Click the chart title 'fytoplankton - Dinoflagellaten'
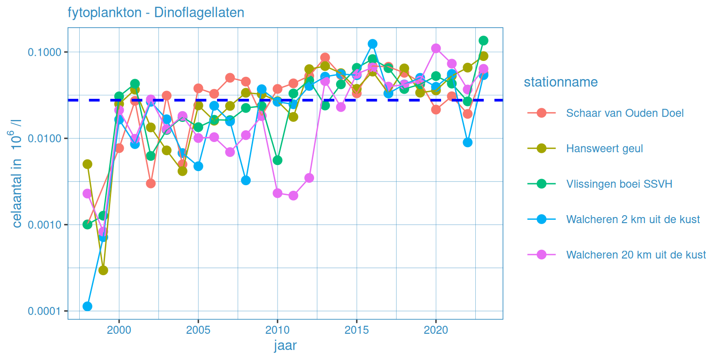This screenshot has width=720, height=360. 156,13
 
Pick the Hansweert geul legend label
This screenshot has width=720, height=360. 604,149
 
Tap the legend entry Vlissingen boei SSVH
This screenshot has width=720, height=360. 619,184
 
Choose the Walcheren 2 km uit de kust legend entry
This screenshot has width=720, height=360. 633,219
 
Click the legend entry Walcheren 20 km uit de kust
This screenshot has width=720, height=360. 636,255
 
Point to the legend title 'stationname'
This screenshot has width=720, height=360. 561,82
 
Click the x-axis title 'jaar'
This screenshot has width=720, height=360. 285,346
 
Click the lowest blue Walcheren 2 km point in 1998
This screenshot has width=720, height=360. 87,307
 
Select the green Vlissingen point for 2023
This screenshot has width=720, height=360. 483,40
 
